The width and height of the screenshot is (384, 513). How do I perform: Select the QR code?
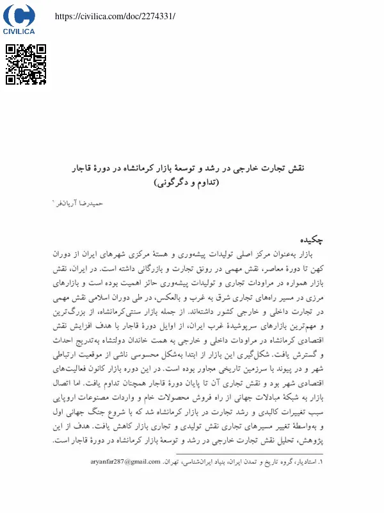tap(26, 64)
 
